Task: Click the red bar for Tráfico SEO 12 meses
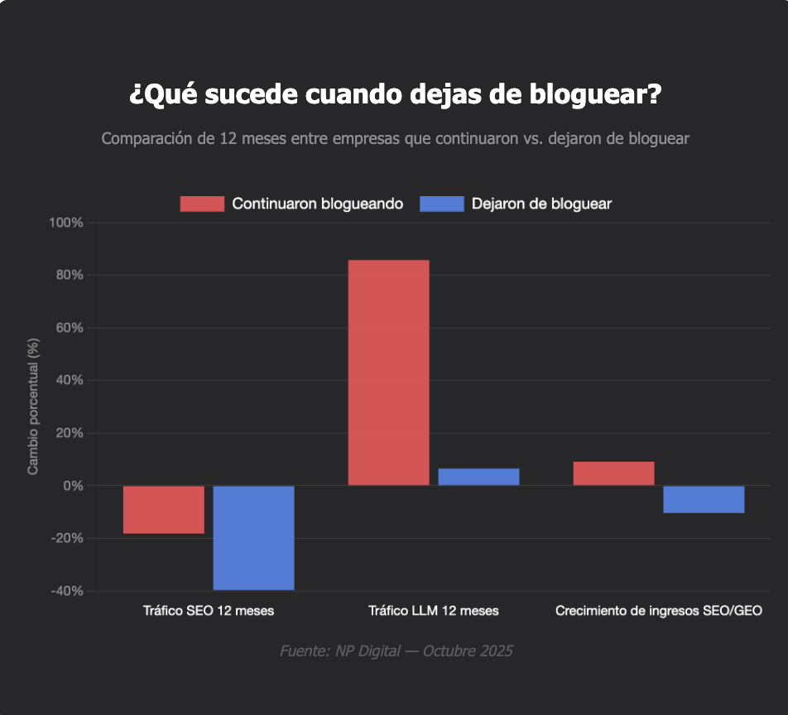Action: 164,509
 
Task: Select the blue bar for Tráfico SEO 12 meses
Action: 253,537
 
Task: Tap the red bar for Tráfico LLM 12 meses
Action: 388,372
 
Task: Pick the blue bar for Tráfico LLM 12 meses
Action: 478,477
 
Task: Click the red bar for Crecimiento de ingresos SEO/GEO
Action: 613,473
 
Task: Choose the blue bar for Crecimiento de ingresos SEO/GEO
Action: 704,499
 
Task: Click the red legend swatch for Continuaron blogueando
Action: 202,204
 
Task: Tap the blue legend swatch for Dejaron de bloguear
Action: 441,204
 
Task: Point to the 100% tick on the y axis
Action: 66,223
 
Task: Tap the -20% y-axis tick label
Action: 67,539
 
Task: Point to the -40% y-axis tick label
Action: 67,591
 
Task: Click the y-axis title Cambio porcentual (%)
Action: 33,406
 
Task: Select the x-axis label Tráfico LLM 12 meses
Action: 434,612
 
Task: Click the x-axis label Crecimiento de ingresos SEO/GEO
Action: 659,612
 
